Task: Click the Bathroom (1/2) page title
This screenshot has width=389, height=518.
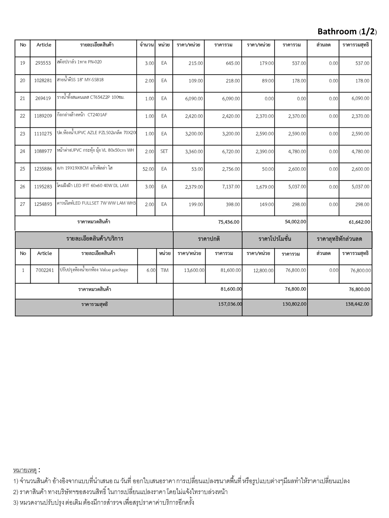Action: click(x=347, y=32)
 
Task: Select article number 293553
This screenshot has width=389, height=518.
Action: click(x=43, y=63)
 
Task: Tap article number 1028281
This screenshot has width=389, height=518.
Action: click(x=43, y=81)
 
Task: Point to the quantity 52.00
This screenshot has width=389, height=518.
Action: click(x=148, y=169)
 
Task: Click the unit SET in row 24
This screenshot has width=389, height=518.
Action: click(x=164, y=151)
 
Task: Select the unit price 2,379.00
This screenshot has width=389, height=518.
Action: click(x=194, y=187)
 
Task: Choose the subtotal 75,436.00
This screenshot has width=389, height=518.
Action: click(x=228, y=222)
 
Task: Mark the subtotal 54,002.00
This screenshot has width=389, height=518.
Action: click(x=296, y=222)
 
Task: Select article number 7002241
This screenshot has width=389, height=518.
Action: click(x=45, y=270)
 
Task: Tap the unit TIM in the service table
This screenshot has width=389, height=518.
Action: click(x=164, y=270)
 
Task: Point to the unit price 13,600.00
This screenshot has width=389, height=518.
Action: click(x=194, y=270)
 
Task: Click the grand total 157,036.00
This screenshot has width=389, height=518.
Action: click(x=230, y=304)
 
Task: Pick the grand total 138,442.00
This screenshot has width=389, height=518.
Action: click(x=357, y=304)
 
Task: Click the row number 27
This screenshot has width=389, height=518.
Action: click(x=23, y=204)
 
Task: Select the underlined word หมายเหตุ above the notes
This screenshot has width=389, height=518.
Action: click(x=25, y=470)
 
